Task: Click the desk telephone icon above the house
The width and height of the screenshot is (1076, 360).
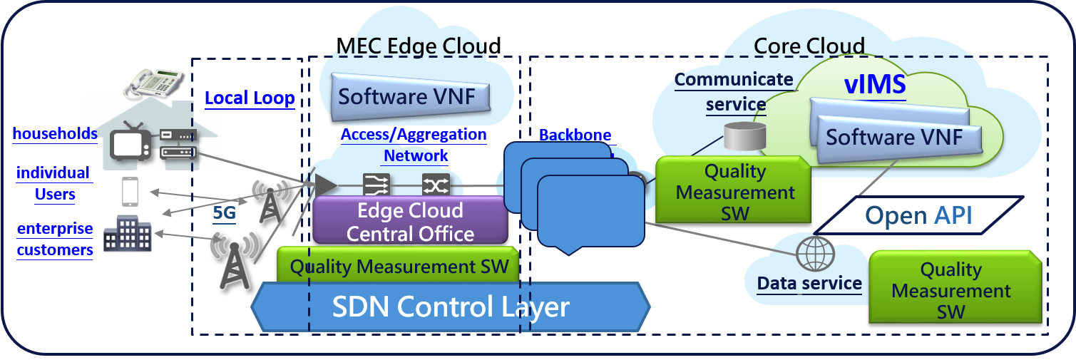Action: [x=154, y=83]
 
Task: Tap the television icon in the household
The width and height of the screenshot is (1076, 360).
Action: [x=130, y=142]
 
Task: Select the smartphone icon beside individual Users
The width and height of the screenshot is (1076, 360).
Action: [x=130, y=192]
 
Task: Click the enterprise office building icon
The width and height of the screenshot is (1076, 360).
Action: [x=128, y=233]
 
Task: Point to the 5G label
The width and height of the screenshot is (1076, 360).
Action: [x=225, y=212]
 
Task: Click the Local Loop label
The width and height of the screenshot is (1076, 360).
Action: [x=250, y=98]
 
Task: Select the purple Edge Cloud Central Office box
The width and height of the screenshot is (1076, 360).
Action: [x=410, y=221]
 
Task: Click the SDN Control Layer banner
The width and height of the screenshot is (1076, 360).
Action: [x=451, y=307]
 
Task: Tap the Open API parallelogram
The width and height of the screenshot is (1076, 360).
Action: [x=918, y=215]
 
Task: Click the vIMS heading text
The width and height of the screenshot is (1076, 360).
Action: [x=875, y=85]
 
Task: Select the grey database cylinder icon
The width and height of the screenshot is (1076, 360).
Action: [x=745, y=136]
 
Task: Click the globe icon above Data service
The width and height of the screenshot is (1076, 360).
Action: [x=816, y=254]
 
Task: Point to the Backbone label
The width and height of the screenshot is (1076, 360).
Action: [x=575, y=135]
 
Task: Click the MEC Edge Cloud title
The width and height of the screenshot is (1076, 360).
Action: [x=419, y=46]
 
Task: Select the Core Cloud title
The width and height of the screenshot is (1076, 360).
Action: [x=809, y=46]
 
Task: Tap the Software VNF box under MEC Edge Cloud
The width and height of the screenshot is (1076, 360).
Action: [x=411, y=96]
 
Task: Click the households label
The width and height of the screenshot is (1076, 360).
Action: [x=55, y=133]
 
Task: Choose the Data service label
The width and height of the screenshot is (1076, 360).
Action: [x=809, y=283]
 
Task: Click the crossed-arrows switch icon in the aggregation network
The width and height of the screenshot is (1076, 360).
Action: [x=436, y=185]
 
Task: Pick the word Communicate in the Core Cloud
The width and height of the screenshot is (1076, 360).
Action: [x=734, y=80]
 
